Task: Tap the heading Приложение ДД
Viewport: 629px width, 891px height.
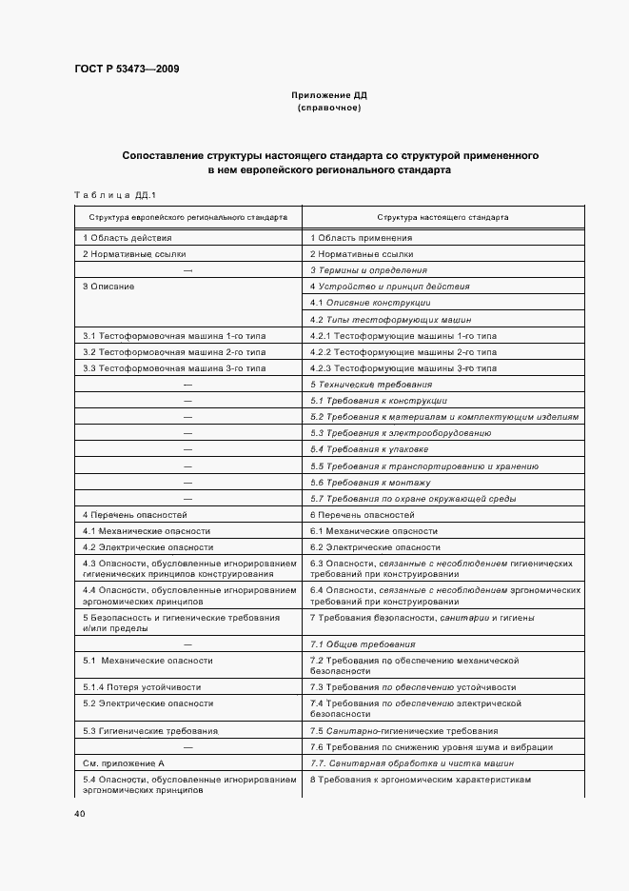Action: [328, 95]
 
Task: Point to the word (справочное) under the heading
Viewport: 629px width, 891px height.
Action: [328, 108]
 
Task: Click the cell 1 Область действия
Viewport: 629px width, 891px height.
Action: [128, 237]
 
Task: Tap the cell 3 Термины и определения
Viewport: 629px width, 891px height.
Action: [369, 270]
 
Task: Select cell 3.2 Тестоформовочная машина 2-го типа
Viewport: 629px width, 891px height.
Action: [162, 351]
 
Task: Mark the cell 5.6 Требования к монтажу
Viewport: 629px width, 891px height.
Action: [370, 482]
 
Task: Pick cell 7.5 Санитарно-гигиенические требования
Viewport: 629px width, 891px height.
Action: [403, 730]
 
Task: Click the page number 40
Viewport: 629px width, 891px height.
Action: [79, 814]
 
